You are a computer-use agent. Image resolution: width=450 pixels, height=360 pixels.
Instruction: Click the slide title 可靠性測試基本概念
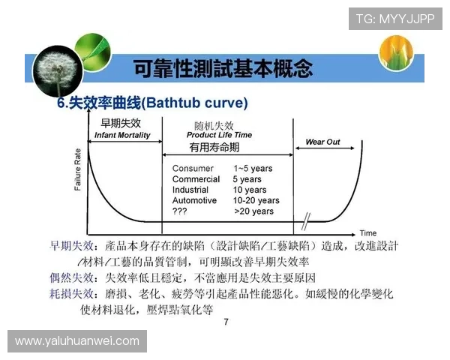point(222,70)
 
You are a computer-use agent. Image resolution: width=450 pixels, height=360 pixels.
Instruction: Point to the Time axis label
point(367,233)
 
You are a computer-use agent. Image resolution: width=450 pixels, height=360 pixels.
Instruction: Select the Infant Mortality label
point(122,136)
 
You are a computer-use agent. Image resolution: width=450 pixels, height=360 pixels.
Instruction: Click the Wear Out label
point(322,142)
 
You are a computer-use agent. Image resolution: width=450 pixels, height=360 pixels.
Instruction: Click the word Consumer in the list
point(193,169)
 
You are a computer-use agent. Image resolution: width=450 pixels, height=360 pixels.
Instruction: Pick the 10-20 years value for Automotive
point(256,201)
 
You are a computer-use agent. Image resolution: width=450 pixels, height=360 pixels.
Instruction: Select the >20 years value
point(253,211)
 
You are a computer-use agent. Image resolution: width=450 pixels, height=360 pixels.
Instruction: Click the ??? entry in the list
point(180,211)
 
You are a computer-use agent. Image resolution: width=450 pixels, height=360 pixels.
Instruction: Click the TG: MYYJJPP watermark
point(394,18)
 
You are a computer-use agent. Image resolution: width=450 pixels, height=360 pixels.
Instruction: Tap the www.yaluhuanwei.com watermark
point(77,341)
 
